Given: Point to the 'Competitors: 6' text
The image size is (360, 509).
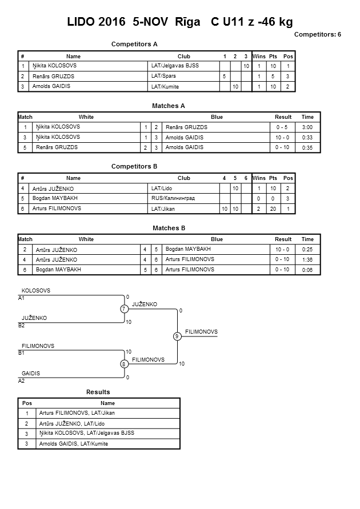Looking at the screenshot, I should pos(317,35).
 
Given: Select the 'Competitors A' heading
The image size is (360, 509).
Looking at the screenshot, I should pos(134,44).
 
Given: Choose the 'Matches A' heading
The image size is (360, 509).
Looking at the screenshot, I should pos(169,106).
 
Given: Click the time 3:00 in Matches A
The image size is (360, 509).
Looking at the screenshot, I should pos(307,127).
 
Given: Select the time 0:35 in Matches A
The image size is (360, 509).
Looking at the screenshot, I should pos(307,148).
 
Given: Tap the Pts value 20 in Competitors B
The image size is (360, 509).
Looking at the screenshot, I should pos(273,209).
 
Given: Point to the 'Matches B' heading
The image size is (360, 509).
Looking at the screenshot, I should pos(169,228).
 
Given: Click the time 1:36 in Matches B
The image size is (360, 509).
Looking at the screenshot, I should pos(307,259).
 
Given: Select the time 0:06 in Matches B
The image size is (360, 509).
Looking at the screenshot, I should pos(307,270).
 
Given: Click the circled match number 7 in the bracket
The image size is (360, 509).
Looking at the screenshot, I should pos(123,309).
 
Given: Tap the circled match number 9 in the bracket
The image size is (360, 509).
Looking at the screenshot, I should pos(178,336).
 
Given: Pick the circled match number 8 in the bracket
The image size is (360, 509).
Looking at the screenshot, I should pos(123,363).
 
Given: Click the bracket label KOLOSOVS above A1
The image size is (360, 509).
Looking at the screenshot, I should pos(36,291).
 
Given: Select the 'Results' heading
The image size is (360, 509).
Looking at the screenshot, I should pos(98,392).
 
